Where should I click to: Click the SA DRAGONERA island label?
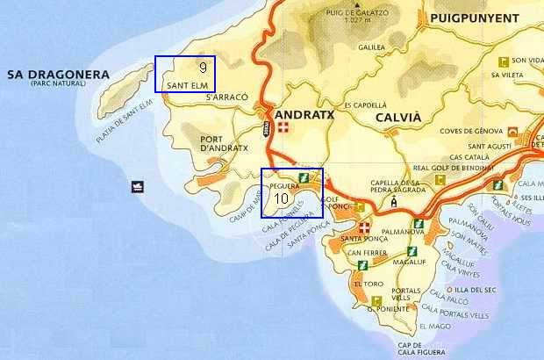pos(57,75)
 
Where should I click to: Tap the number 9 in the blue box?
pos(203,68)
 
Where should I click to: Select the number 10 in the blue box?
pos(282,198)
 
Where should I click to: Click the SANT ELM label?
pos(186,84)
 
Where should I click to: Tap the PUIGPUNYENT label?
pos(471,17)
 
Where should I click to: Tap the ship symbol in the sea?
pos(138,186)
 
